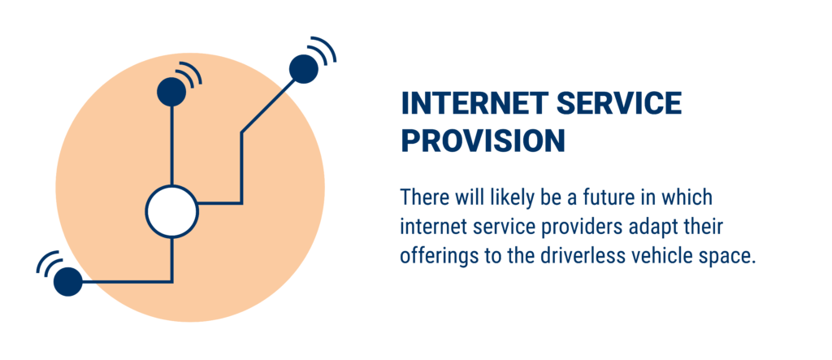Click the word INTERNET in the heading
coord(474,103)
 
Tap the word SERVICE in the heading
coord(619,103)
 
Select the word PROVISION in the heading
coord(483,141)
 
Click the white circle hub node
coord(172,211)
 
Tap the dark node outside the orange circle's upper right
coord(304,69)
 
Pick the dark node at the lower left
coord(68,281)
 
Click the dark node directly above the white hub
coord(171,92)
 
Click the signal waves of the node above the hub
coord(189,73)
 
